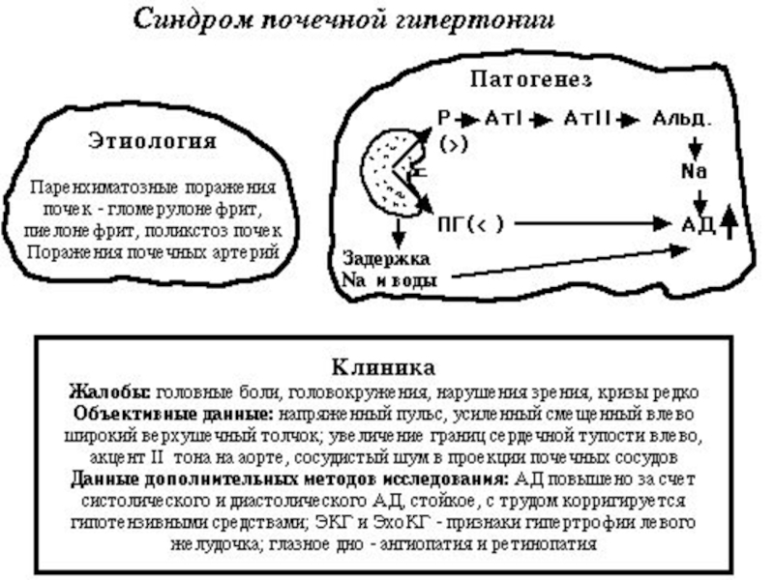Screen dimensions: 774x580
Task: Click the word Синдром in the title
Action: [193, 20]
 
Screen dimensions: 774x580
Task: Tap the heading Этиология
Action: [153, 140]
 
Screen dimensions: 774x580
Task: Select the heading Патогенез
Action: [531, 79]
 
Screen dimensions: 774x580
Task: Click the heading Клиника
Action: [383, 367]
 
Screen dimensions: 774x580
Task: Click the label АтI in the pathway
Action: [503, 118]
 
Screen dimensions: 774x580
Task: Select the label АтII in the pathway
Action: [588, 118]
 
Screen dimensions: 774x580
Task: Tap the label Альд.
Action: [682, 119]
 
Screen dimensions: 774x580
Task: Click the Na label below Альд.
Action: [694, 171]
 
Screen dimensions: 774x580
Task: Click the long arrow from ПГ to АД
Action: [592, 224]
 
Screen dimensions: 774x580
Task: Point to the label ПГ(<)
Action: [470, 224]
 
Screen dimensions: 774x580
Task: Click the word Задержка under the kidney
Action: [386, 259]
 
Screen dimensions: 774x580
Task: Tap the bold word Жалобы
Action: [109, 392]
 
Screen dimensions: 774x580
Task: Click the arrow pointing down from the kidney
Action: [399, 233]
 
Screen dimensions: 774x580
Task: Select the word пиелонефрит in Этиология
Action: [81, 231]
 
